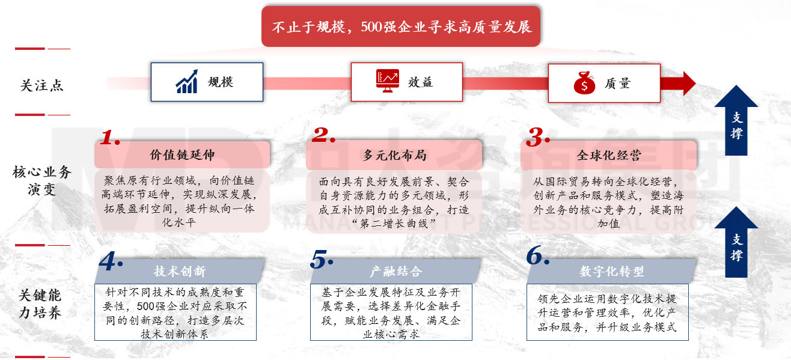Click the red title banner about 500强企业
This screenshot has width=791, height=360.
pos(402,26)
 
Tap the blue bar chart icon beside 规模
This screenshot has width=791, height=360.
pos(188,82)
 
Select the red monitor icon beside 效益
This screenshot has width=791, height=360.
pos(387,82)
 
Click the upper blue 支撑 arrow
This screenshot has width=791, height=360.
pos(736,120)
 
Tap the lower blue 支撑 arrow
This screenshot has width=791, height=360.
pos(736,242)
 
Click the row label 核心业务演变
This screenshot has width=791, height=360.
pos(41,181)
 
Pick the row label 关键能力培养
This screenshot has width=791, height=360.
pos(41,304)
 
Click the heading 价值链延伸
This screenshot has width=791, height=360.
pos(182,155)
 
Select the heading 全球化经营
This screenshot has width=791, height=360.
pos(609,155)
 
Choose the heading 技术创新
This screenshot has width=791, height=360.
pos(180,271)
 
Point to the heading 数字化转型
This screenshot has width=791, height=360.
pos(611,271)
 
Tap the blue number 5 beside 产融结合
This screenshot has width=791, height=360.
pos(322,258)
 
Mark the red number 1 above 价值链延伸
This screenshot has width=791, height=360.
pos(109,137)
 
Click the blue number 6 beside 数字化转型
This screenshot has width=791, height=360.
pos(537,256)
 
